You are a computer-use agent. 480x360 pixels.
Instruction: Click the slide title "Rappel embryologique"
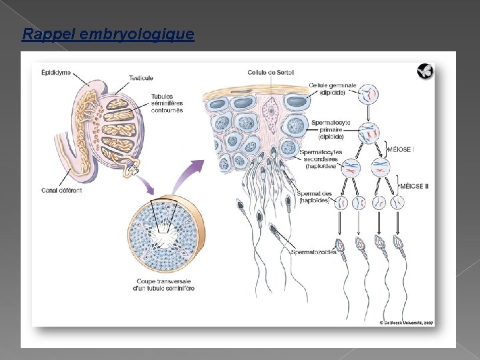[108, 34]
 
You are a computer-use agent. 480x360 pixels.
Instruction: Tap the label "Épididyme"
[57, 71]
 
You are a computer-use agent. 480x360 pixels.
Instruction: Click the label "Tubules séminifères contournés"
[167, 103]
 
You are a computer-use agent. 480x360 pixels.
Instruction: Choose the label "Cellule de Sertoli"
[271, 72]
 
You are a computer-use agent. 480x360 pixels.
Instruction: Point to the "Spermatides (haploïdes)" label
[315, 197]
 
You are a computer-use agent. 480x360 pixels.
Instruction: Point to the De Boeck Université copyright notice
[407, 322]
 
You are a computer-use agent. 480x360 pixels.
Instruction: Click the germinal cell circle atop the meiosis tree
[369, 94]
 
